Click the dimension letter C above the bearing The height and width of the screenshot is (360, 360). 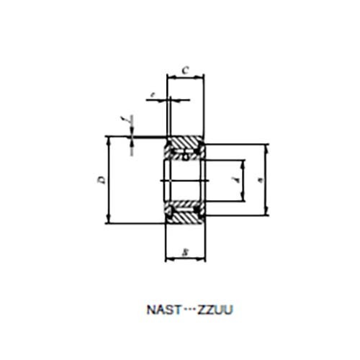185,70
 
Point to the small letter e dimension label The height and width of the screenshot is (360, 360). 152,94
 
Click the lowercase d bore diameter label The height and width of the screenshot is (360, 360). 237,180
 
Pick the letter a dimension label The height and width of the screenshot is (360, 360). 258,179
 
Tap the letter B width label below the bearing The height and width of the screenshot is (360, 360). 185,251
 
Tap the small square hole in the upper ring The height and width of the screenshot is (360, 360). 185,155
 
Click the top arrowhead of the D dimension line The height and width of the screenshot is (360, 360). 108,138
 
